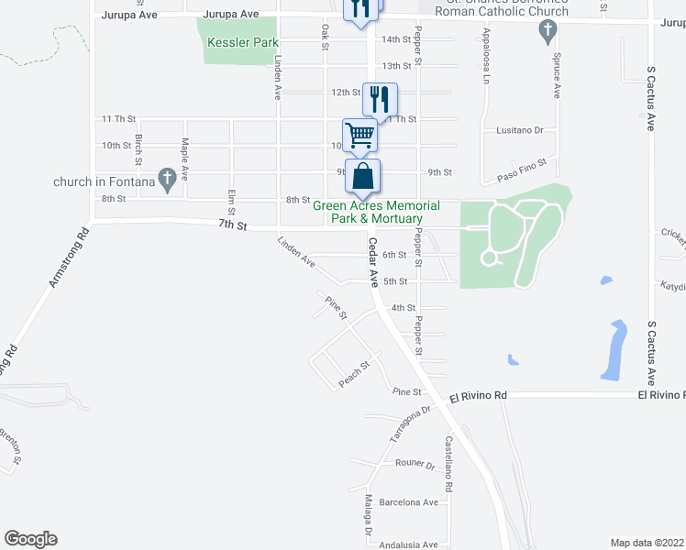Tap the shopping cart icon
click(360, 135)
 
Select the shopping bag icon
click(363, 175)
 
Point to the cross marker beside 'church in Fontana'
click(167, 180)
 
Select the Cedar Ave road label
click(373, 263)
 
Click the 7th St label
click(233, 225)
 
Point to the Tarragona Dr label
click(409, 423)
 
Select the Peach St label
click(353, 373)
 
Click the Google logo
click(30, 539)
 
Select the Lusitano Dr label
click(519, 131)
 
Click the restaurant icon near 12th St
click(379, 96)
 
